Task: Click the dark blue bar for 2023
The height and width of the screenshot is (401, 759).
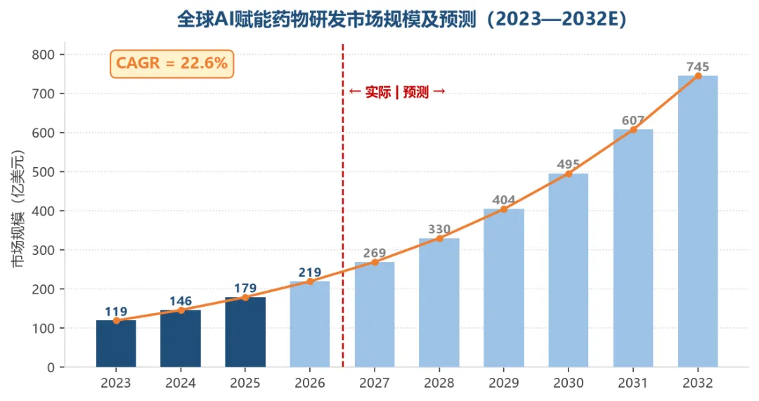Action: coord(116,343)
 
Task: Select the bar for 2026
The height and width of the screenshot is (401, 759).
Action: coord(310,324)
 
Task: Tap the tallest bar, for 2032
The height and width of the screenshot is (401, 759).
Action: coord(698,221)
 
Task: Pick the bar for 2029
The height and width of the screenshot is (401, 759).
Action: coord(503,288)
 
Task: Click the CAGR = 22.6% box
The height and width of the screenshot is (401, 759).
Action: coord(172,63)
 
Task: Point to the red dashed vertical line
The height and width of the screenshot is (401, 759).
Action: coord(343,206)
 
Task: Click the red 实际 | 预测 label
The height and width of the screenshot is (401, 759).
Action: coord(397,92)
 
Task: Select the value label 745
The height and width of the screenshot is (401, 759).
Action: coord(698,67)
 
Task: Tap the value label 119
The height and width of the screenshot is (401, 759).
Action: coord(116,312)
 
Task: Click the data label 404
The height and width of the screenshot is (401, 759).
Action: coord(504,199)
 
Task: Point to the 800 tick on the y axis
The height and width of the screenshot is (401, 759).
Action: coord(43,55)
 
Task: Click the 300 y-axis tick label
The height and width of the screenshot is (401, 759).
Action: coord(43,250)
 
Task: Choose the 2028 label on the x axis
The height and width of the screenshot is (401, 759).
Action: coord(439,383)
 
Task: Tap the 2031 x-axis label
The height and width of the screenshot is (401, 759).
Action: coord(632,383)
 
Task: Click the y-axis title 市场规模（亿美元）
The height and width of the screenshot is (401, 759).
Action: coord(18,209)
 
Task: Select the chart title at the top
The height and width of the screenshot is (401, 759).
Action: coord(401,20)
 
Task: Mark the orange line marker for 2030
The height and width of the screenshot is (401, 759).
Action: coord(569,173)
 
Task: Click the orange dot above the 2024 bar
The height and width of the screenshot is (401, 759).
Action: coord(181,310)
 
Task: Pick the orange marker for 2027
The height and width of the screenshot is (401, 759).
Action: coord(375,262)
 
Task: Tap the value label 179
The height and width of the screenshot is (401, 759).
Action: coord(245,289)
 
